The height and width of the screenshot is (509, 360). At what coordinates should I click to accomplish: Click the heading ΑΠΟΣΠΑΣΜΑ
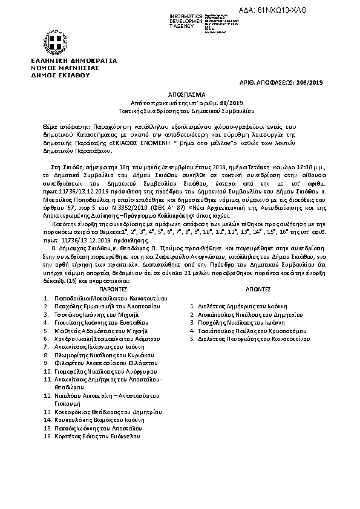pos(180,95)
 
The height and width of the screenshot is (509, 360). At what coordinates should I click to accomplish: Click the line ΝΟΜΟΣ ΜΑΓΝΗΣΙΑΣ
pos(59,68)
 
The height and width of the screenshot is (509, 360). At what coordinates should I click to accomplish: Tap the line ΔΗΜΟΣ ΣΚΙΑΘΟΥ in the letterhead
pos(55,75)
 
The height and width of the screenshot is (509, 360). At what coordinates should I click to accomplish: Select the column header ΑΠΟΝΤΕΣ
pos(249,290)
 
